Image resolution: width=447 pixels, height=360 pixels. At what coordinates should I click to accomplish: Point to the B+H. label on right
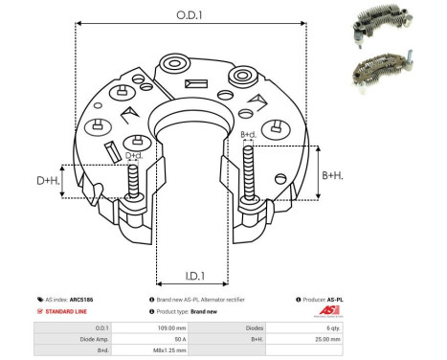[333, 175]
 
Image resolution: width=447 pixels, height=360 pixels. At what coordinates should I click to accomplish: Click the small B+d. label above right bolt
[248, 134]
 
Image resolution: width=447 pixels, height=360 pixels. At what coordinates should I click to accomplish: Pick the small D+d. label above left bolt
[134, 155]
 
